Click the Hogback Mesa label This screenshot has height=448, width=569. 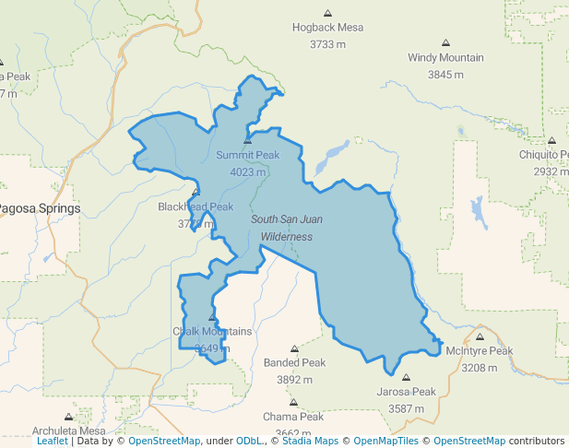click(x=327, y=28)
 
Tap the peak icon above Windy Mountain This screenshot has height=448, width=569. click(x=445, y=43)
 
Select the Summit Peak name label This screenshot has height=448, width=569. click(x=247, y=155)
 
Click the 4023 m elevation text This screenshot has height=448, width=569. click(x=247, y=171)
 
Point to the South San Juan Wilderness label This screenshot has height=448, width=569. click(x=287, y=228)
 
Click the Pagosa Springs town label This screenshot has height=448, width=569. click(x=39, y=208)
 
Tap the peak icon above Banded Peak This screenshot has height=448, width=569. click(x=295, y=349)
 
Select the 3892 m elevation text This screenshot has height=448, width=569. click(x=295, y=380)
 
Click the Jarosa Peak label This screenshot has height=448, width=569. click(x=406, y=392)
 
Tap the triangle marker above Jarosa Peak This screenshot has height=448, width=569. click(x=406, y=377)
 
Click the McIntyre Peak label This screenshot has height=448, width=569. click(x=479, y=351)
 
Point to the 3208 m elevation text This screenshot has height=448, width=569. click(x=479, y=368)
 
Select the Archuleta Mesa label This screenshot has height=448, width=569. click(x=69, y=430)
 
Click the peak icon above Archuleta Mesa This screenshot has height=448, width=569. click(x=68, y=417)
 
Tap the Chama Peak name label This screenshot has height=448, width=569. click(x=292, y=418)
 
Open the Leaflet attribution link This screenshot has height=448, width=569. click(x=52, y=442)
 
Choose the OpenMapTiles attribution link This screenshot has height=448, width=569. click(x=386, y=442)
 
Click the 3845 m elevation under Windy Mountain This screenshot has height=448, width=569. click(x=445, y=74)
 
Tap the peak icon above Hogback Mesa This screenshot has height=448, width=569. click(x=327, y=13)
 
